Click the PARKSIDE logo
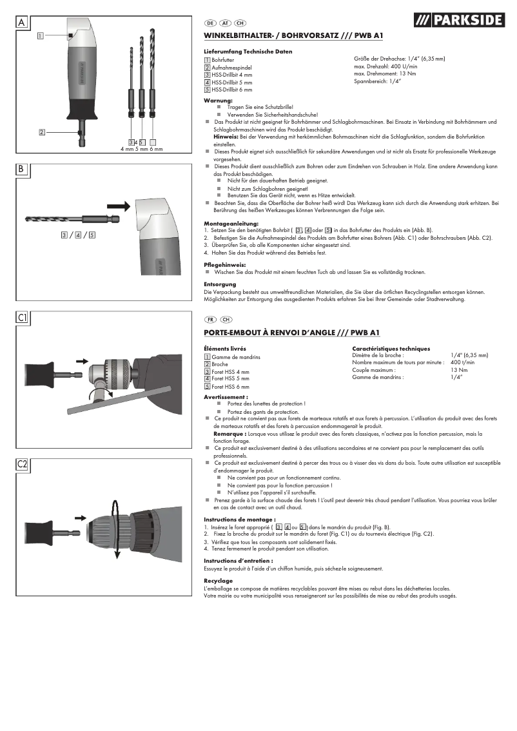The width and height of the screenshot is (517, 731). click(x=458, y=21)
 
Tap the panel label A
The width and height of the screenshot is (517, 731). click(x=22, y=23)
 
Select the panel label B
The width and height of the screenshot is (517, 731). click(x=22, y=170)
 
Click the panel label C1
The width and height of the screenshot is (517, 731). click(x=23, y=317)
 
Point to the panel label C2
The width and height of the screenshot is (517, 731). click(x=23, y=464)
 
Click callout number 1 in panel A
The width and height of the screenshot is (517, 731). click(x=40, y=35)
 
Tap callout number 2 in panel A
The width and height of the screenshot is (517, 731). click(x=41, y=132)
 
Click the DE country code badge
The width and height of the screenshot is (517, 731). click(x=210, y=23)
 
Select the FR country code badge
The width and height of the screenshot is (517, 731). click(x=210, y=319)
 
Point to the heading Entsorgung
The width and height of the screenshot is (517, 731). click(x=219, y=284)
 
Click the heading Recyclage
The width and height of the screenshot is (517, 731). click(x=219, y=581)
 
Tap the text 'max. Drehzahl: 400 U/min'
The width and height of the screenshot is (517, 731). click(x=385, y=66)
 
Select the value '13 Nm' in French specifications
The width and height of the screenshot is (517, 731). click(x=459, y=370)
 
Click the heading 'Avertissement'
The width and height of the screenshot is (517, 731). click(x=226, y=397)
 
